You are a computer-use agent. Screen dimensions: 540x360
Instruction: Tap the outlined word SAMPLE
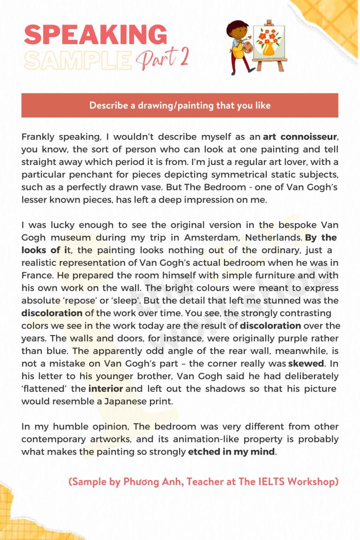pyautogui.click(x=78, y=60)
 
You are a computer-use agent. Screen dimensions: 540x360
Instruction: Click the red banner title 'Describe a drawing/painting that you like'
pyautogui.click(x=180, y=105)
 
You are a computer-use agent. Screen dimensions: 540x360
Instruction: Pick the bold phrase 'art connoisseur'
pyautogui.click(x=300, y=137)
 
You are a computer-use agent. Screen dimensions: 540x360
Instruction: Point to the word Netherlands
pyautogui.click(x=276, y=238)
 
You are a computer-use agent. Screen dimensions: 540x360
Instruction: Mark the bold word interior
pyautogui.click(x=105, y=388)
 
